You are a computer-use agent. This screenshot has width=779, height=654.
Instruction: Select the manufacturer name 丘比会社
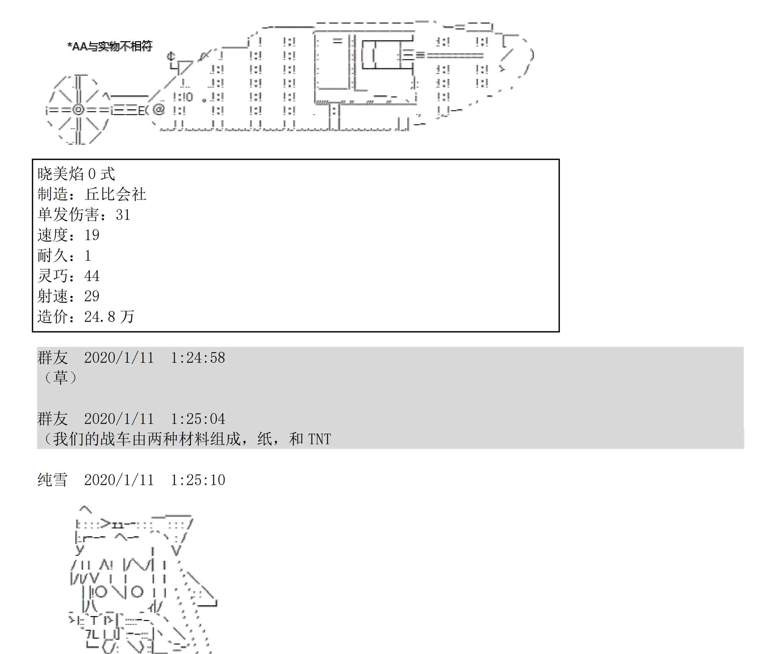pyautogui.click(x=116, y=194)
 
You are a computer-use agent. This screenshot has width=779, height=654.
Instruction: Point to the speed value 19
pyautogui.click(x=92, y=235)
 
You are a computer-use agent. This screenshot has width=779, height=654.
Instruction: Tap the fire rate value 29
pyautogui.click(x=92, y=296)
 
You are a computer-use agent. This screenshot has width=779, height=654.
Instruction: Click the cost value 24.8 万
pyautogui.click(x=109, y=317)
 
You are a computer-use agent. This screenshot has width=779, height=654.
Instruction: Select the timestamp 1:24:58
pyautogui.click(x=198, y=358)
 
